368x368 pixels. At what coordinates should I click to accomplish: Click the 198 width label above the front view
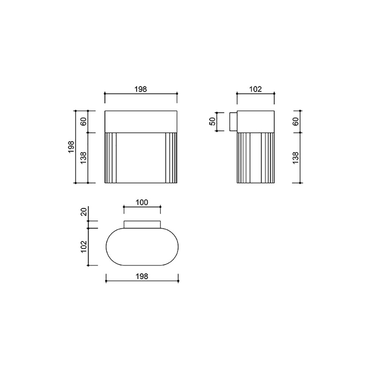141,89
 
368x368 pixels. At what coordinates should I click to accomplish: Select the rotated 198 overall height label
71,147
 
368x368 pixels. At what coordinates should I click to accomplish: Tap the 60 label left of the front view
83,121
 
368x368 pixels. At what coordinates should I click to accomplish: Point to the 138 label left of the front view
83,158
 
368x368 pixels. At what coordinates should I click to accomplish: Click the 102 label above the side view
255,89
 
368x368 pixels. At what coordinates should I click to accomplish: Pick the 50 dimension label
212,121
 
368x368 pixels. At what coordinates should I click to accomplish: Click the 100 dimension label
142,202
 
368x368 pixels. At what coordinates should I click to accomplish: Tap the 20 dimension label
84,212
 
